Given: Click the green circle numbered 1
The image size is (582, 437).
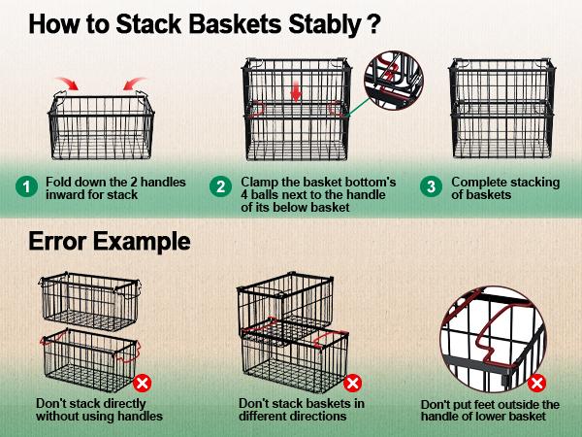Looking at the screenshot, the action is point(26,186).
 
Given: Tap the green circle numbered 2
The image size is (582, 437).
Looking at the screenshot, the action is point(220,186).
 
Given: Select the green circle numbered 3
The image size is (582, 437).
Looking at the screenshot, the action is point(431,186).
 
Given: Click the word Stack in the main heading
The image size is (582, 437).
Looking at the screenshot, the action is point(148,24).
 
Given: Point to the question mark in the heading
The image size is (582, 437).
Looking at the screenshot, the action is point(372,24).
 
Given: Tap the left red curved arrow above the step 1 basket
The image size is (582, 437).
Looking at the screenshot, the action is point(67,84).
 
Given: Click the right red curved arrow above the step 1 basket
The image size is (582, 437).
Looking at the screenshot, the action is point(134,84).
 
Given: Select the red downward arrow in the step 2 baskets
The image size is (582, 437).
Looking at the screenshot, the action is point(296,92).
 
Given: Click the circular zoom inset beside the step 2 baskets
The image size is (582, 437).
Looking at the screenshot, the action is point(393,81).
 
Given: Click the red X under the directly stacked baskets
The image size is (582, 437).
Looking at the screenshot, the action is point(143,383).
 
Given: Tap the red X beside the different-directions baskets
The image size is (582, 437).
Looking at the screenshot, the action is point(353,383).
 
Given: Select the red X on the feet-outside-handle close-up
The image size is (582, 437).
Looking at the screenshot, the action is point(536,384).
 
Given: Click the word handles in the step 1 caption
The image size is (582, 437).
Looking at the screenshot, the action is point(163,183).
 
